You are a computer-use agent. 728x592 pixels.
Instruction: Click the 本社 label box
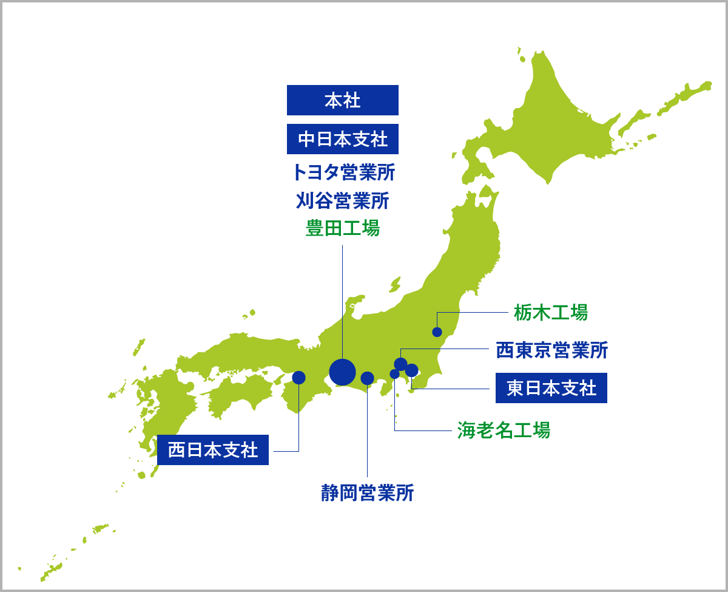point(343,100)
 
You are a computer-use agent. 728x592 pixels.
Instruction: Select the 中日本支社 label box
point(343,139)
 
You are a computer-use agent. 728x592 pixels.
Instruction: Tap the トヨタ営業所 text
point(343,172)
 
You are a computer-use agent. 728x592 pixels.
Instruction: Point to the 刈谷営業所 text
point(343,200)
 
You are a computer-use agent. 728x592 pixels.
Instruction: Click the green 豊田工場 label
point(343,228)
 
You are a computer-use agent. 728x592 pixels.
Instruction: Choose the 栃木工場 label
point(551,312)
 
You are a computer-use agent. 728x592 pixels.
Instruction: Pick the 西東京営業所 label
point(551,350)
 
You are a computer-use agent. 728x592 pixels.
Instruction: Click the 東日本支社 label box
point(551,388)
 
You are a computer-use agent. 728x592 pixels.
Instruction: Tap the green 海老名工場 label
point(504,430)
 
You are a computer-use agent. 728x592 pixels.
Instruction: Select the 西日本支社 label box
point(213,450)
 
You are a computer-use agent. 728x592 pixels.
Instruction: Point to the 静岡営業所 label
point(368,492)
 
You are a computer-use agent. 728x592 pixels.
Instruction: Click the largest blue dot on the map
point(342,372)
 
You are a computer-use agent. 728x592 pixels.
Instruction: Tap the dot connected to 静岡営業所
point(367,378)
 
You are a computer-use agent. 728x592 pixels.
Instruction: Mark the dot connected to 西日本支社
point(298,378)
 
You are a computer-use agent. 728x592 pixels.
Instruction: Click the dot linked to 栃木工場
point(437,332)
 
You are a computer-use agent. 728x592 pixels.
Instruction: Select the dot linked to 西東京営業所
point(400,364)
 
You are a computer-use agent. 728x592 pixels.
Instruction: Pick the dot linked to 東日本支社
point(411,370)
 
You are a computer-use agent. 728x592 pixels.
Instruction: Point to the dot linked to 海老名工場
point(394,374)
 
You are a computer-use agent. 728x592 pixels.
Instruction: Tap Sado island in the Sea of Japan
point(395,284)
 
